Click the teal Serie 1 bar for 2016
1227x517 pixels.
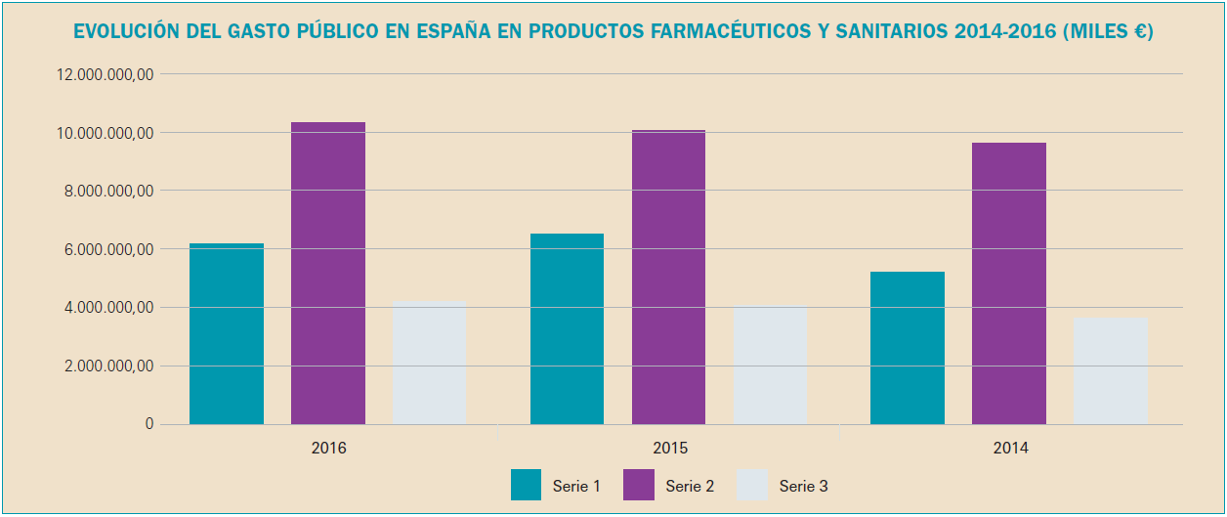(227, 333)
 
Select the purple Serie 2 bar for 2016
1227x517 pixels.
(328, 273)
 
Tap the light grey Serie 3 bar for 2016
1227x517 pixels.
(430, 363)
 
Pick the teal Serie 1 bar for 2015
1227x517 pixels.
(567, 328)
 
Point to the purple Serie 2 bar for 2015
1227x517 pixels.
(668, 277)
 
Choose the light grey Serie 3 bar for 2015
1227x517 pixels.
(770, 365)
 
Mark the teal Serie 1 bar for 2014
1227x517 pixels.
(908, 348)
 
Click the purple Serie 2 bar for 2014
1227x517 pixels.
(1009, 283)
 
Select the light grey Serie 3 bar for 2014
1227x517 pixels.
(1111, 370)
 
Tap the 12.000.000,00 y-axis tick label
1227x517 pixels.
(106, 74)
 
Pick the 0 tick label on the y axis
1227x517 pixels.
(149, 424)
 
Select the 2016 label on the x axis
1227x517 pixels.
(328, 449)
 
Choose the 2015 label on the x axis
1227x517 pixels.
(669, 449)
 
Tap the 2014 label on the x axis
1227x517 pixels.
(1010, 449)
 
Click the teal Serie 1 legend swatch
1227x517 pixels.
(526, 485)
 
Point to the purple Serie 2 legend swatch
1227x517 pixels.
(638, 485)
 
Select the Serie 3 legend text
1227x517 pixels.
(804, 486)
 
